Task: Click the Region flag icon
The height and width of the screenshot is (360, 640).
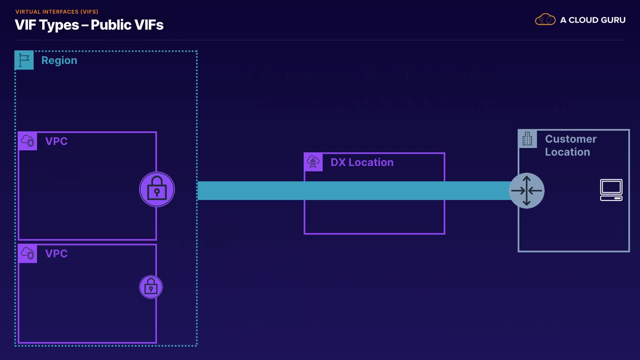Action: pyautogui.click(x=24, y=60)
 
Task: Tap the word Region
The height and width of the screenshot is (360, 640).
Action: pyautogui.click(x=59, y=60)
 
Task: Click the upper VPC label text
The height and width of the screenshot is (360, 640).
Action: pyautogui.click(x=56, y=141)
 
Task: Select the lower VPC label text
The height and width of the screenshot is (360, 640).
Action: pyautogui.click(x=56, y=253)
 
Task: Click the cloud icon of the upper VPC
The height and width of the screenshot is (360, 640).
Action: pyautogui.click(x=28, y=141)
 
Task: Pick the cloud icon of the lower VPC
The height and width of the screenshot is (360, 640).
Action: pyautogui.click(x=28, y=253)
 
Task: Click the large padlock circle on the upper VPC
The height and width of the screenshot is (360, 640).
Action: pyautogui.click(x=157, y=189)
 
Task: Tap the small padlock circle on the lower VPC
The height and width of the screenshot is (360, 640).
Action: pyautogui.click(x=151, y=287)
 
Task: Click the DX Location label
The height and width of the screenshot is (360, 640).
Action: pyautogui.click(x=362, y=162)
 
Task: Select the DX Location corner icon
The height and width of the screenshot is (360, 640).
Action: pyautogui.click(x=313, y=162)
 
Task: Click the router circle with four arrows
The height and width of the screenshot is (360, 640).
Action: pyautogui.click(x=526, y=191)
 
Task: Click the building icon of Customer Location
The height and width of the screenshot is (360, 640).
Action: pyautogui.click(x=527, y=139)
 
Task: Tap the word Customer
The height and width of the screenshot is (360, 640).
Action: pyautogui.click(x=571, y=139)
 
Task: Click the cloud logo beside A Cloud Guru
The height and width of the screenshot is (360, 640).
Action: pyautogui.click(x=545, y=20)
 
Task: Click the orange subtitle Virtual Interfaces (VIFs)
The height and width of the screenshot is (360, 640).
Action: pyautogui.click(x=57, y=12)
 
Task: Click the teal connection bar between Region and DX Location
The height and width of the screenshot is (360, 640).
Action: pyautogui.click(x=250, y=191)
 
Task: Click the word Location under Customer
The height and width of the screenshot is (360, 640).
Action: pyautogui.click(x=567, y=152)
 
